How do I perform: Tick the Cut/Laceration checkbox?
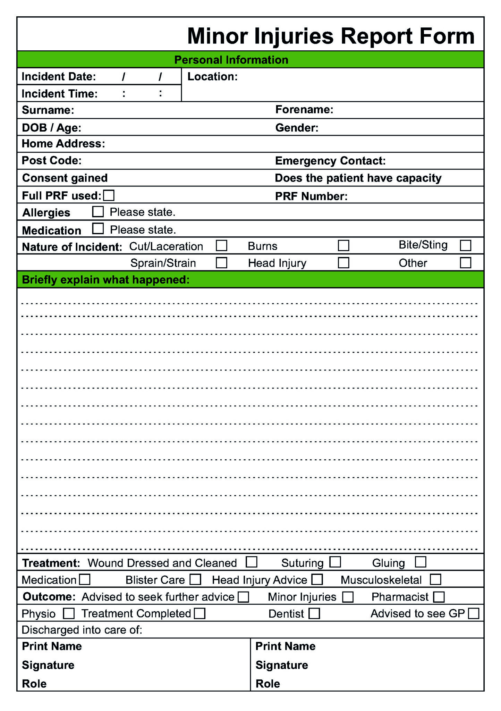[221, 245]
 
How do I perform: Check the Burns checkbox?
[343, 245]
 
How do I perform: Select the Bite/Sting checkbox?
[465, 245]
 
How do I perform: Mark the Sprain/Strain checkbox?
[221, 262]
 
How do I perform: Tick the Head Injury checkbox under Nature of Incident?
[343, 262]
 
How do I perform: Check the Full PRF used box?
[109, 195]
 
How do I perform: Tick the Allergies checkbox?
[98, 211]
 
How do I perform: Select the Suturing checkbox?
[335, 562]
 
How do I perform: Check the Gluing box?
[421, 562]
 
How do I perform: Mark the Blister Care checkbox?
[195, 579]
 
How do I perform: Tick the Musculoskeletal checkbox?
[435, 579]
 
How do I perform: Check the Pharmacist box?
[439, 596]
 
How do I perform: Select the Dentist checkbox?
[314, 613]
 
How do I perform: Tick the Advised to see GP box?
[473, 613]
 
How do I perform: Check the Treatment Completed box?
[199, 613]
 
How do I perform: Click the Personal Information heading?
[231, 60]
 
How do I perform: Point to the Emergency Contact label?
[330, 161]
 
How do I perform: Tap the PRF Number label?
[311, 196]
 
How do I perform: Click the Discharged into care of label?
[82, 630]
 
